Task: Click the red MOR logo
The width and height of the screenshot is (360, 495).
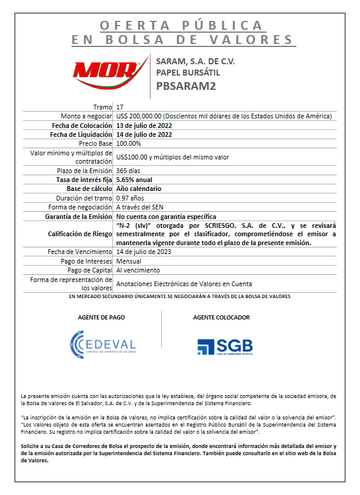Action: click(107, 74)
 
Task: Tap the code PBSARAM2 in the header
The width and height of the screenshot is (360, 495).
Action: click(186, 86)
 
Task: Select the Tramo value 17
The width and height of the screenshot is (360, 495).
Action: click(120, 106)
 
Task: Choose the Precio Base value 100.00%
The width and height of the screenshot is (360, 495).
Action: click(129, 144)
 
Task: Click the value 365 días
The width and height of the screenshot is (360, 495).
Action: click(128, 171)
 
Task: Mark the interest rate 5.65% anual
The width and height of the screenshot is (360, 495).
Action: click(134, 180)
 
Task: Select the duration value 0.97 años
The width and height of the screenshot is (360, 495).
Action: click(130, 198)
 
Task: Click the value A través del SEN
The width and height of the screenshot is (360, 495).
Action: click(139, 207)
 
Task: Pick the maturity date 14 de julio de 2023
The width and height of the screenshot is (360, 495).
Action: click(144, 252)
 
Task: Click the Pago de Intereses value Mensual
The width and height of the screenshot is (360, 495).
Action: click(129, 261)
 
